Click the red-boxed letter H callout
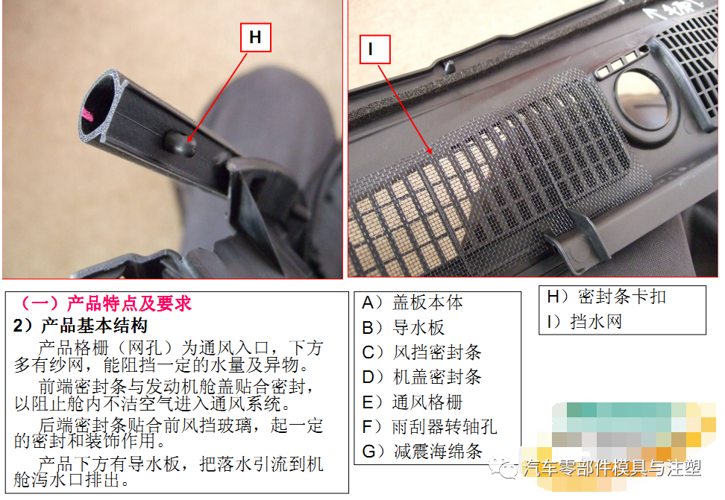click(x=255, y=37)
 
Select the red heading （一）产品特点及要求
click(x=105, y=304)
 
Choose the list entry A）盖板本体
click(x=412, y=303)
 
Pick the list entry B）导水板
click(x=403, y=328)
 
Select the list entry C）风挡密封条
click(x=422, y=352)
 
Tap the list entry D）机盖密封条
click(x=422, y=377)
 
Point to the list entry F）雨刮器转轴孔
click(x=430, y=427)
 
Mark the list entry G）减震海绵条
click(x=422, y=452)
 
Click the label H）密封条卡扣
click(x=606, y=297)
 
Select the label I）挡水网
click(x=584, y=322)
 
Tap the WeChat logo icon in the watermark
click(x=509, y=468)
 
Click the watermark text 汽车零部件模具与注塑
click(x=612, y=468)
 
